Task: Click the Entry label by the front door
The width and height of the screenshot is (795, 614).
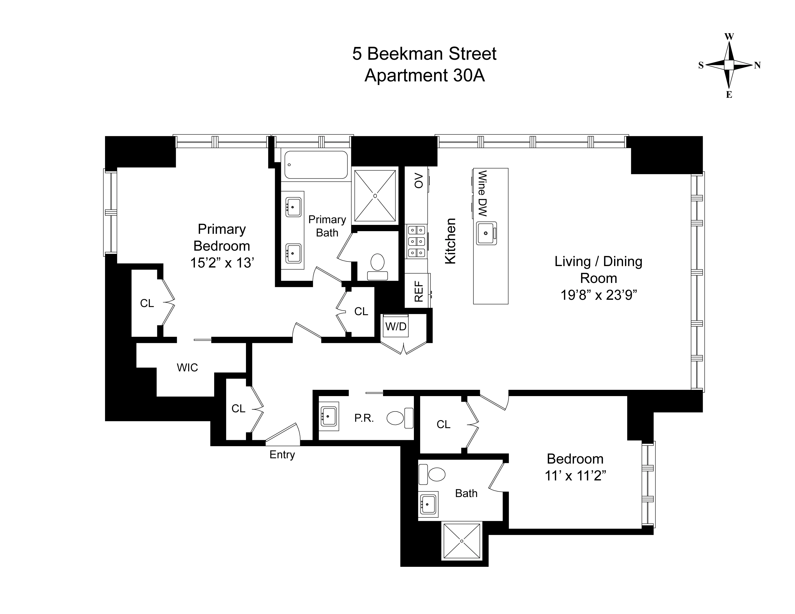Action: click(282, 455)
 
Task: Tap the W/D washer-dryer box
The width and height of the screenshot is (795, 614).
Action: click(396, 326)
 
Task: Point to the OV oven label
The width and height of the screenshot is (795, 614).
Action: click(419, 181)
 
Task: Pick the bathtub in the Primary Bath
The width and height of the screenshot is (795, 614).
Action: click(316, 165)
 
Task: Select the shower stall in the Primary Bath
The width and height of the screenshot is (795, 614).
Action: click(375, 196)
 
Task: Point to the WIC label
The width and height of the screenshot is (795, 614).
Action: click(187, 367)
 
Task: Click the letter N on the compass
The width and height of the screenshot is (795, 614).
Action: click(757, 65)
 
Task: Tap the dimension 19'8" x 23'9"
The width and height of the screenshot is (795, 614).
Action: click(598, 295)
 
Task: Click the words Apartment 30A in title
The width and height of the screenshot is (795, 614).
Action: click(424, 76)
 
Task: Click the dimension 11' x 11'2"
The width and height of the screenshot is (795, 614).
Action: click(575, 476)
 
